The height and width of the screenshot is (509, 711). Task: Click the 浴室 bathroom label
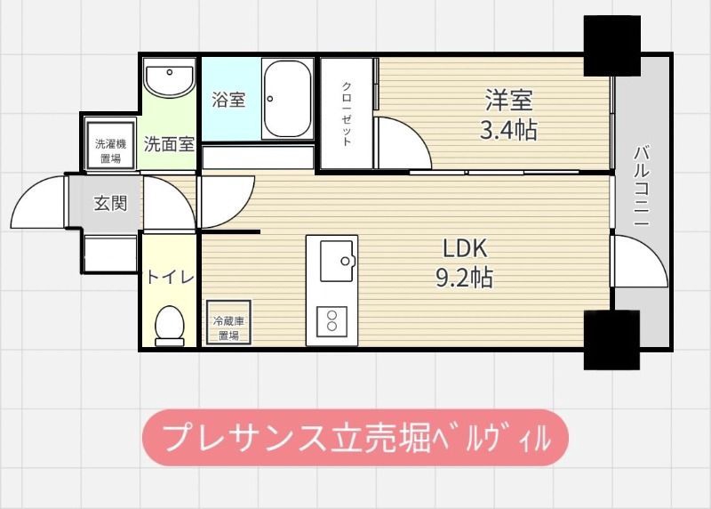228,100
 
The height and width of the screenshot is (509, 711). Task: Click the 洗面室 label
169,143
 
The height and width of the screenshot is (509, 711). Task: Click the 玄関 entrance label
110,203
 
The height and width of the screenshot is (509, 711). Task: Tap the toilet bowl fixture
168,324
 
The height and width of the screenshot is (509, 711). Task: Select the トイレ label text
169,276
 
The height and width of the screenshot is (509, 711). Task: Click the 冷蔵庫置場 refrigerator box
228,327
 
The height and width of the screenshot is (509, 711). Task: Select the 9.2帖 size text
463,279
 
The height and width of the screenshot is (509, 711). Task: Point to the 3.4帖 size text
507,131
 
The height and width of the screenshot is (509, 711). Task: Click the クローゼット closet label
348,114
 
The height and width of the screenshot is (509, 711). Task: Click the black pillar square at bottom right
611,339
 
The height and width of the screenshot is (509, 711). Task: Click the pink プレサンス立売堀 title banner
355,437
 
